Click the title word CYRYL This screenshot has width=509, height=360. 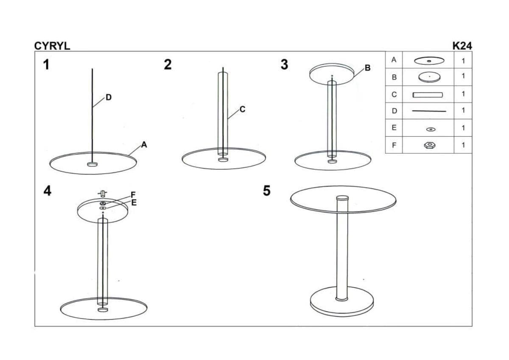point(52,46)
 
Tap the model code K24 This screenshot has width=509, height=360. point(462,46)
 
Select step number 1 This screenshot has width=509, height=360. point(46,65)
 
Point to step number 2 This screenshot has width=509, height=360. point(168,65)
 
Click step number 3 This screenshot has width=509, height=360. point(285,65)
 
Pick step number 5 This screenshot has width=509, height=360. point(267,191)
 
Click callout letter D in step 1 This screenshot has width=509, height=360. point(109,97)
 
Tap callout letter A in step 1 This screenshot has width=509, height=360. point(144,145)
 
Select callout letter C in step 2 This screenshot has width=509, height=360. point(243,109)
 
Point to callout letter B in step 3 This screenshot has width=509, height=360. point(367,67)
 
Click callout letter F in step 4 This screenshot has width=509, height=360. point(133,195)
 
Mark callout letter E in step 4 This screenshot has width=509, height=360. point(134,202)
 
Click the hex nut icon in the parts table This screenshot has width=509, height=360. point(430,145)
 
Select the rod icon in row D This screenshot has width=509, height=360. point(429,111)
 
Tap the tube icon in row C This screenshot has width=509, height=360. point(428,95)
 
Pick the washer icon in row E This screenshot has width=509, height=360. point(431,129)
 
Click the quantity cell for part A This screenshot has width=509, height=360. point(463,60)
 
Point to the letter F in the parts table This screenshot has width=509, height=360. point(394,145)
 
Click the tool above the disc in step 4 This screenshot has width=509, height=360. point(103,194)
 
